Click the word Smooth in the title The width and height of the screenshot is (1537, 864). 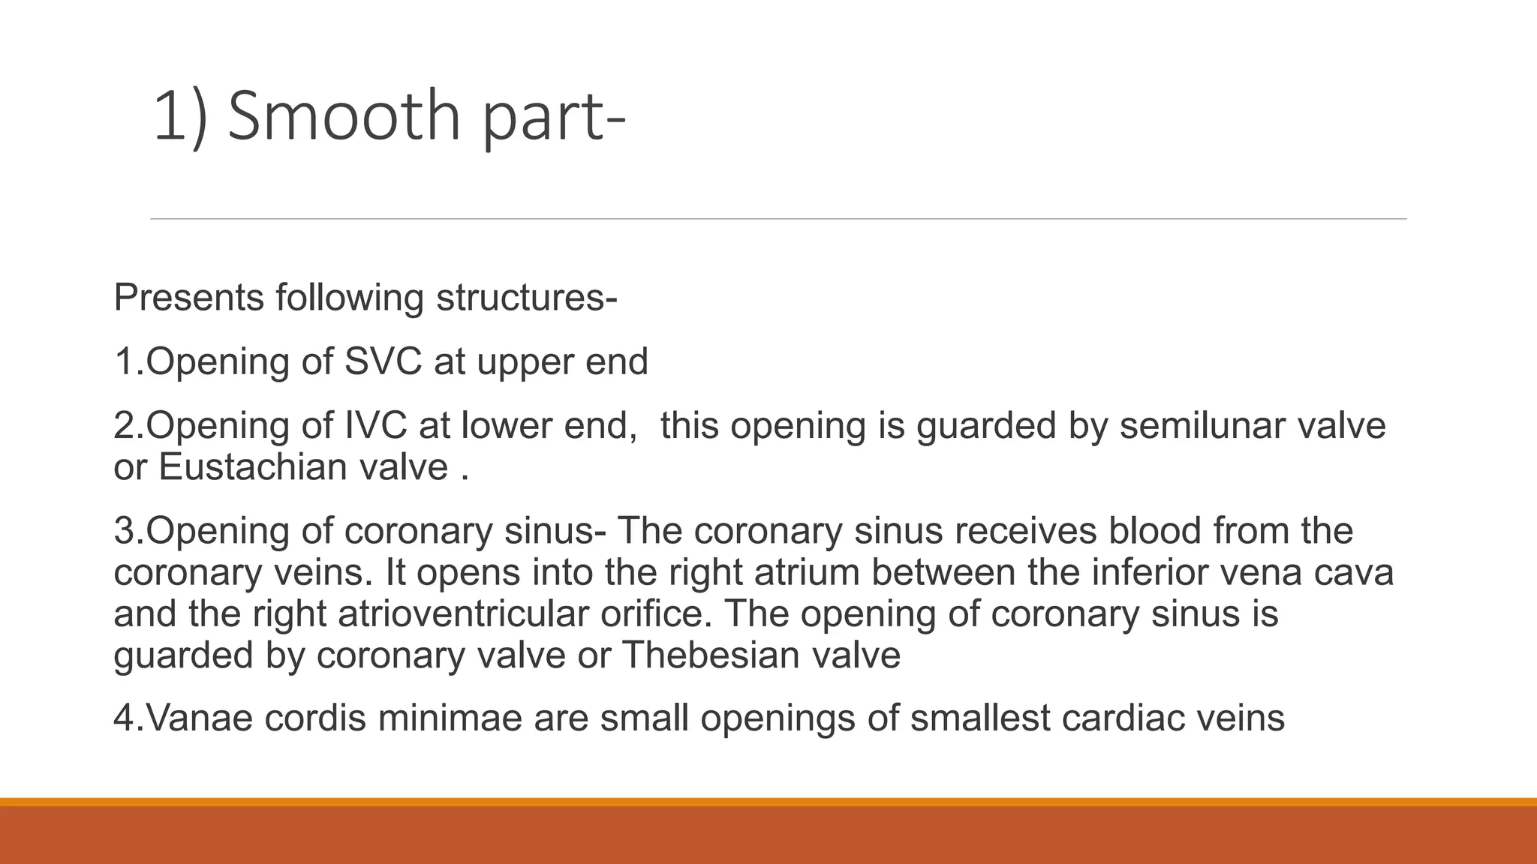(344, 116)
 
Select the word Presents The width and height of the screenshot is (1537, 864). (188, 298)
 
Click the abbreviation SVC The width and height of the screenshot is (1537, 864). (383, 361)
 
